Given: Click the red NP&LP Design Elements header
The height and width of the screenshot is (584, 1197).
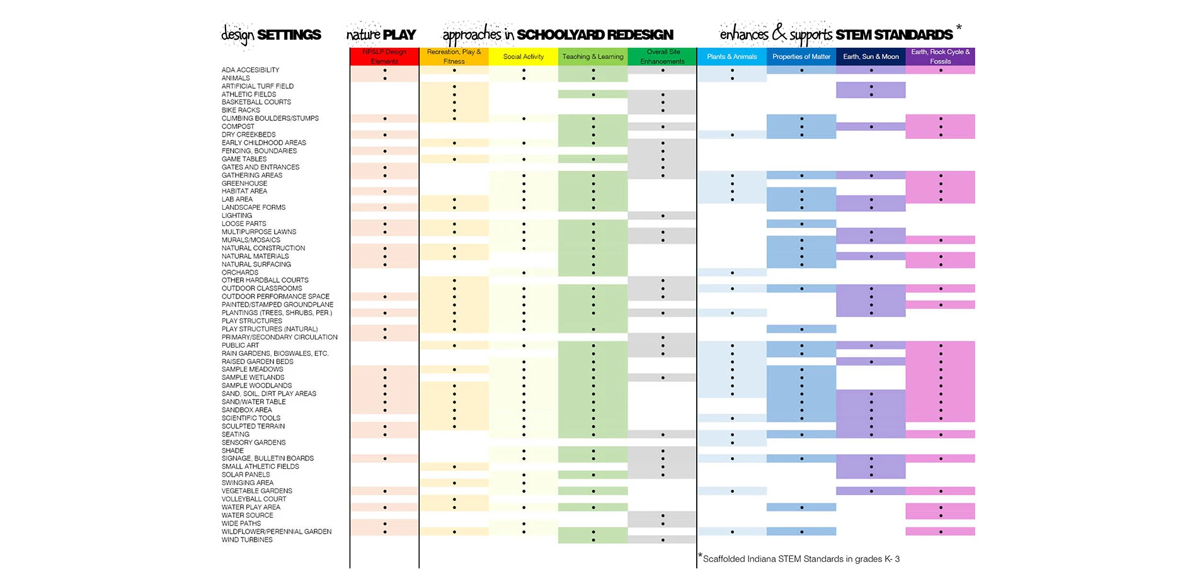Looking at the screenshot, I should (x=384, y=57).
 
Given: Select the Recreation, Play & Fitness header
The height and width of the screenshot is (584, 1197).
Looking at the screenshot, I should (x=454, y=57).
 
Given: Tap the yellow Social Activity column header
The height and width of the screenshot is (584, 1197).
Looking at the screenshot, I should (x=524, y=57).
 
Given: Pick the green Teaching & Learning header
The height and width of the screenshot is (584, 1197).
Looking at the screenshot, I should (x=593, y=57).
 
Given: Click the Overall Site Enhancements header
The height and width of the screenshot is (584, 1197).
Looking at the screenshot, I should (x=662, y=57).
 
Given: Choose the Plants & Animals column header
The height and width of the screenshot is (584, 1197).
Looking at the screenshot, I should (x=732, y=57).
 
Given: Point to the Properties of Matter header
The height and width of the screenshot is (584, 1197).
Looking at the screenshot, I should (x=801, y=57).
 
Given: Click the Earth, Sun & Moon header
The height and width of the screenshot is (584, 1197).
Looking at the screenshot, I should (x=871, y=57).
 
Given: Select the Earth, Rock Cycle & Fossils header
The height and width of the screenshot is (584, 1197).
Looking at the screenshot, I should (x=940, y=57).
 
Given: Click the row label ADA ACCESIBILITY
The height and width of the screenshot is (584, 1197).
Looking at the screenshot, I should (x=250, y=70).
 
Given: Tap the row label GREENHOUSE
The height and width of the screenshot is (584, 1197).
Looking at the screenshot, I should (x=244, y=183).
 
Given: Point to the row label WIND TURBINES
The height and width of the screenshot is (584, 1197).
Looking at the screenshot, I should (x=247, y=540).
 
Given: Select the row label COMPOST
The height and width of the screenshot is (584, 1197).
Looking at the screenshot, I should (x=238, y=127).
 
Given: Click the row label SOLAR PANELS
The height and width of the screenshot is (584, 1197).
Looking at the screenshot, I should (x=246, y=475).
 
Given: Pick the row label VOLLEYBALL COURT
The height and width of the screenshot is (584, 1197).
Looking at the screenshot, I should (x=254, y=499).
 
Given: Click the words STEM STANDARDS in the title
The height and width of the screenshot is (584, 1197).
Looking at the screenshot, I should (x=894, y=35).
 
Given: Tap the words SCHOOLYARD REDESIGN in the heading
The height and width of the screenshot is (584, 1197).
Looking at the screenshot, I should (x=595, y=35).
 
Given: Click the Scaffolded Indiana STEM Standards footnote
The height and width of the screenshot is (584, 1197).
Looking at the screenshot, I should (x=801, y=559).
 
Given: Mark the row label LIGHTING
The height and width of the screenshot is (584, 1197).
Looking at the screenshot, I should (x=237, y=215).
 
